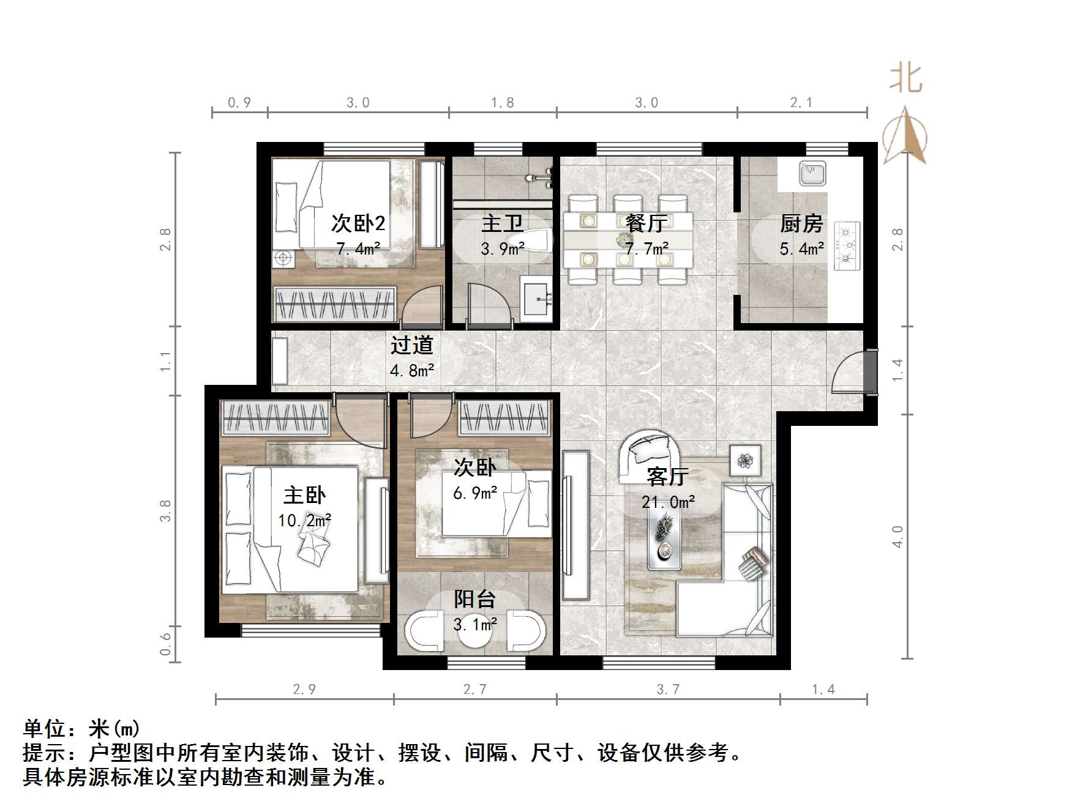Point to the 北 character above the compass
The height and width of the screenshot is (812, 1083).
tap(905, 79)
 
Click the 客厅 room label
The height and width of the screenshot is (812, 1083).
tap(668, 476)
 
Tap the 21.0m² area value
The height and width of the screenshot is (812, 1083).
tap(668, 502)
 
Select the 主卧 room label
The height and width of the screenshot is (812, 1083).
tap(304, 495)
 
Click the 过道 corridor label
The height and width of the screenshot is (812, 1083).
tap(412, 345)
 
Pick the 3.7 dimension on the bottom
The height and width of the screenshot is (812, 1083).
tap(668, 690)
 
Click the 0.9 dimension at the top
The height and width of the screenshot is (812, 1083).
tap(239, 103)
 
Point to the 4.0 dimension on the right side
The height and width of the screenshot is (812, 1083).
tap(897, 536)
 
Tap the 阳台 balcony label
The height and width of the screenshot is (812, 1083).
tap(475, 599)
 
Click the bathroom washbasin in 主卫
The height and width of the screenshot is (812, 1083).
tap(536, 298)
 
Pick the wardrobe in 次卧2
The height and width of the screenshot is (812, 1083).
tap(334, 304)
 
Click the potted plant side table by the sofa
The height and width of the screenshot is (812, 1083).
tap(746, 460)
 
